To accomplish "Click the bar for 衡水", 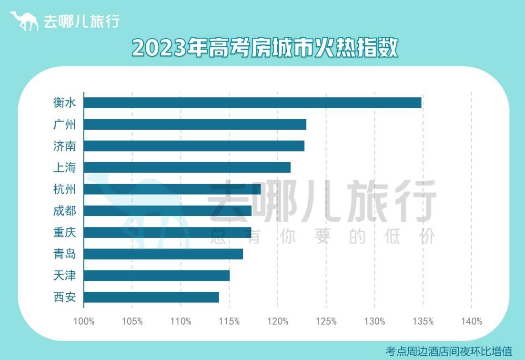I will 252,103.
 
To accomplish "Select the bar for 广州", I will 195,124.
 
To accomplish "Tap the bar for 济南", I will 194,146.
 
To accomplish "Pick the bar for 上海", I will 187,167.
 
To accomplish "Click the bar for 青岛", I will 163,254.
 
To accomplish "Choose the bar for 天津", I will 156,276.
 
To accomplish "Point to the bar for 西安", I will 151,297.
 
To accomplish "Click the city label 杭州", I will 64,189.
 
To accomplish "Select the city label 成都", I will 64,211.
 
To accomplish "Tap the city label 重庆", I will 64,232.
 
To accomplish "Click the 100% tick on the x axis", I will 84,321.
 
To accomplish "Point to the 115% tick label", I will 229,321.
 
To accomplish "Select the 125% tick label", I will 326,321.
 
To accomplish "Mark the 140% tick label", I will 471,321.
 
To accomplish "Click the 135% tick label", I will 423,321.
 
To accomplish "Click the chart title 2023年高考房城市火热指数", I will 264,48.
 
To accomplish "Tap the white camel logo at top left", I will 24,21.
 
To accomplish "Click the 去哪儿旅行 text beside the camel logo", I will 81,21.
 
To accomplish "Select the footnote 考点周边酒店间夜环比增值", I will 448,351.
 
